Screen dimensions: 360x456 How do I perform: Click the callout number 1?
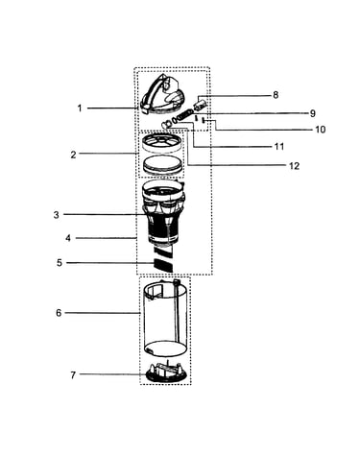tap(80, 108)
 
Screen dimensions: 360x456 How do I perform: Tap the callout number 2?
tap(73, 155)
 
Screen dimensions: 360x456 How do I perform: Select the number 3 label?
tap(56, 215)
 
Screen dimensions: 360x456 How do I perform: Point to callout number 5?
tap(60, 263)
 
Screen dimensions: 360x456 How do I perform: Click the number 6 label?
tap(59, 313)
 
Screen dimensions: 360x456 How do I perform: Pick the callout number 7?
tap(73, 375)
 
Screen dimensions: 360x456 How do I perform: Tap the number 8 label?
tap(276, 95)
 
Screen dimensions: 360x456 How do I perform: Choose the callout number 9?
tap(313, 113)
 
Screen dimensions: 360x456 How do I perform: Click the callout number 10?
tap(320, 130)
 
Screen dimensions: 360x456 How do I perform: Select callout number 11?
tap(279, 147)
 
